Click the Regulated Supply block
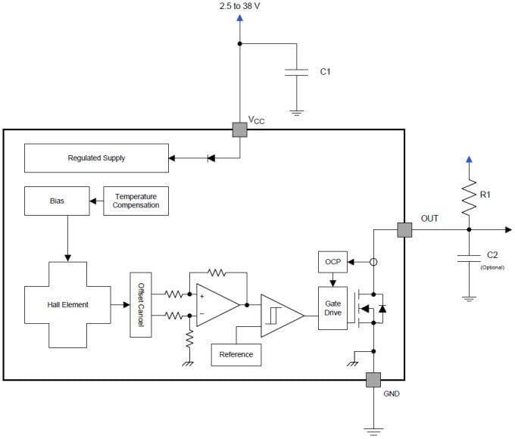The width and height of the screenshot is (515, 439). (x=96, y=158)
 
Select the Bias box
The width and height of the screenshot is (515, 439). (x=57, y=201)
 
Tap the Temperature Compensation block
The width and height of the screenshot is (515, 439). (x=136, y=201)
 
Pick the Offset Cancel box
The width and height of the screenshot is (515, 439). (x=141, y=304)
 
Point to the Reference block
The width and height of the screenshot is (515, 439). (x=236, y=354)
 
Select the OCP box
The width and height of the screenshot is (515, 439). (x=332, y=262)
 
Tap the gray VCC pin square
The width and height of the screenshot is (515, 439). (x=240, y=129)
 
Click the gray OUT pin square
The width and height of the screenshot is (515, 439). (x=404, y=229)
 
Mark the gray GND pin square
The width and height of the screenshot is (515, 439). (x=373, y=380)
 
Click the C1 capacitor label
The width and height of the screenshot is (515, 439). (x=325, y=72)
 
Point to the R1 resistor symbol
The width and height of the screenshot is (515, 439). (x=470, y=196)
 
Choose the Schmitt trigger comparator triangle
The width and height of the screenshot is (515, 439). (x=279, y=314)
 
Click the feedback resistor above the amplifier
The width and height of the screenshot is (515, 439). (x=217, y=271)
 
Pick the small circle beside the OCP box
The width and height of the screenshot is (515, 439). (x=373, y=262)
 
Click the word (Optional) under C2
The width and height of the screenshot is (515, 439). (x=492, y=267)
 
